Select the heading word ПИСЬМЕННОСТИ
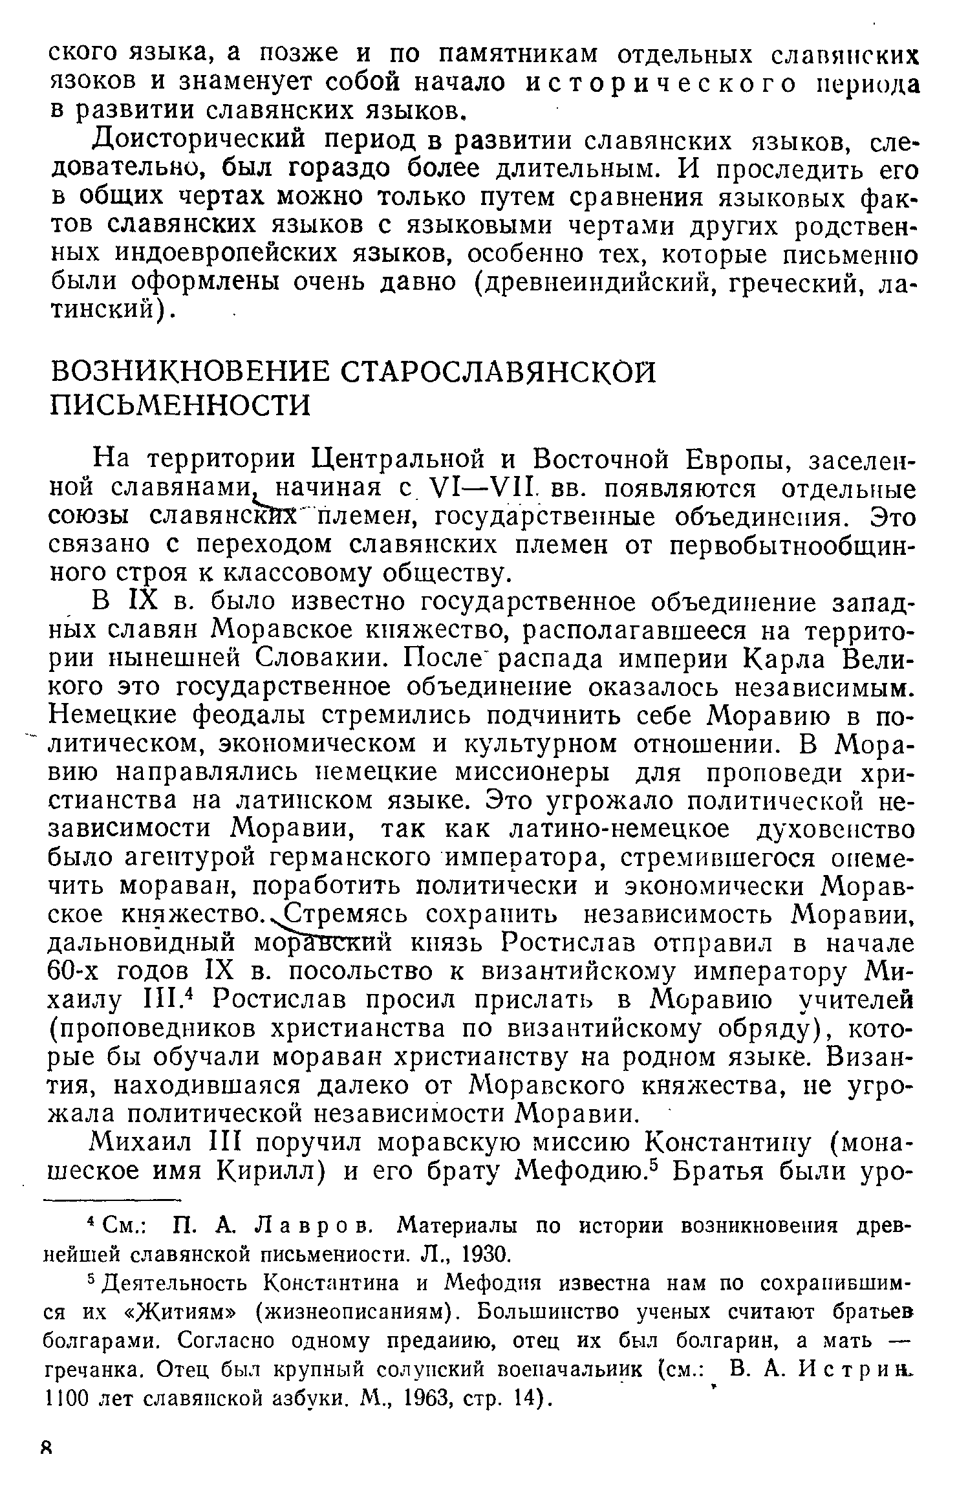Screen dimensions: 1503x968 pyautogui.click(x=180, y=405)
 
